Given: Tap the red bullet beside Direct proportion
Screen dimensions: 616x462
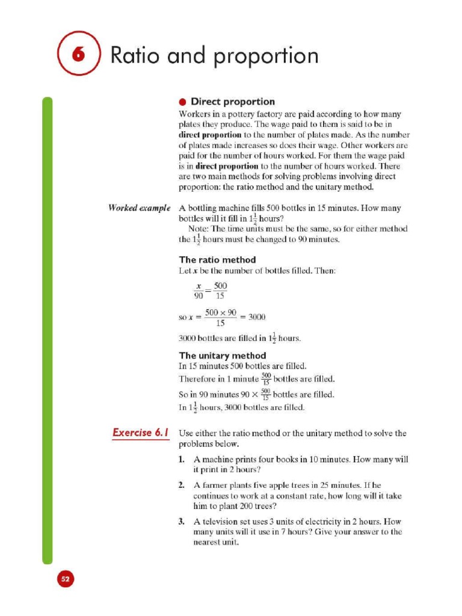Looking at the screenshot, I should coord(182,102).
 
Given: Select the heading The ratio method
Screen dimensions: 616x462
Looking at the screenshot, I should coord(217,259).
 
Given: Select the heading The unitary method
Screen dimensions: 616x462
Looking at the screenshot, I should coord(222,355).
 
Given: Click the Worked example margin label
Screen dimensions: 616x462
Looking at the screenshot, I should coord(135,208).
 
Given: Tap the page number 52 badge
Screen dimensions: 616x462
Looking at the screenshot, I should coord(65,579).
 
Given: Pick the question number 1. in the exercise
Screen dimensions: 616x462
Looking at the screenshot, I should coord(182,459).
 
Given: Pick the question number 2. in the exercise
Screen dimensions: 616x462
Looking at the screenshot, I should coord(182,485).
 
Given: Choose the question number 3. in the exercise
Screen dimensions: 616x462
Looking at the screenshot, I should coord(182,521).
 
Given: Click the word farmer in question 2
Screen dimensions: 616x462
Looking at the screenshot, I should coord(215,485).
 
